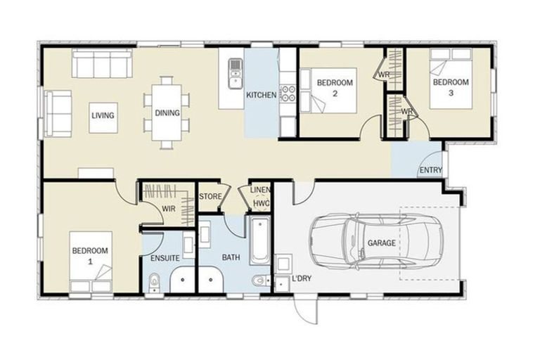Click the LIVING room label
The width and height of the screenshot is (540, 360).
103,116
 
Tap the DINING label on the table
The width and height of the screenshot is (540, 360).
167,112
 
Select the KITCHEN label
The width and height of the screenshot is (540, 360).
260,96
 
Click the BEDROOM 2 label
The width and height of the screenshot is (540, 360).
334,87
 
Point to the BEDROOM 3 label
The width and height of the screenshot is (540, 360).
449,87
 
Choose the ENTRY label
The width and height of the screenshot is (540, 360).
429,170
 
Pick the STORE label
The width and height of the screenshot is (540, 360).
210,196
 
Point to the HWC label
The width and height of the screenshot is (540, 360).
262,203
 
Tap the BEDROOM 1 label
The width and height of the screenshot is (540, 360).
89,255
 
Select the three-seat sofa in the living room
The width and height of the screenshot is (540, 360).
101,66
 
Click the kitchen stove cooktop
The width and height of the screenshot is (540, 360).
287,92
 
